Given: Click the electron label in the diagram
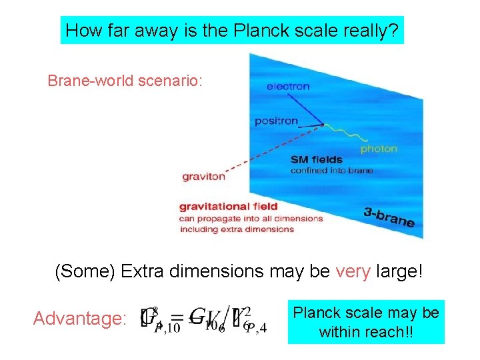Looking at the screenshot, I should pyautogui.click(x=288, y=86).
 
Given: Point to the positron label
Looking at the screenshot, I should pyautogui.click(x=276, y=121).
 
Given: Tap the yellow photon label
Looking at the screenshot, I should pyautogui.click(x=379, y=149).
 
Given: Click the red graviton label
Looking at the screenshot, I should pyautogui.click(x=203, y=177).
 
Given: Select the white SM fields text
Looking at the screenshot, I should pyautogui.click(x=317, y=159).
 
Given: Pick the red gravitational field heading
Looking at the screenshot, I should pyautogui.click(x=229, y=207).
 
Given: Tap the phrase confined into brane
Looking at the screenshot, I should pyautogui.click(x=331, y=171).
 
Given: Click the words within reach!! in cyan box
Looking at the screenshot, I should pyautogui.click(x=366, y=331).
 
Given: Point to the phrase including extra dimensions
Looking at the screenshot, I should pyautogui.click(x=237, y=229).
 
